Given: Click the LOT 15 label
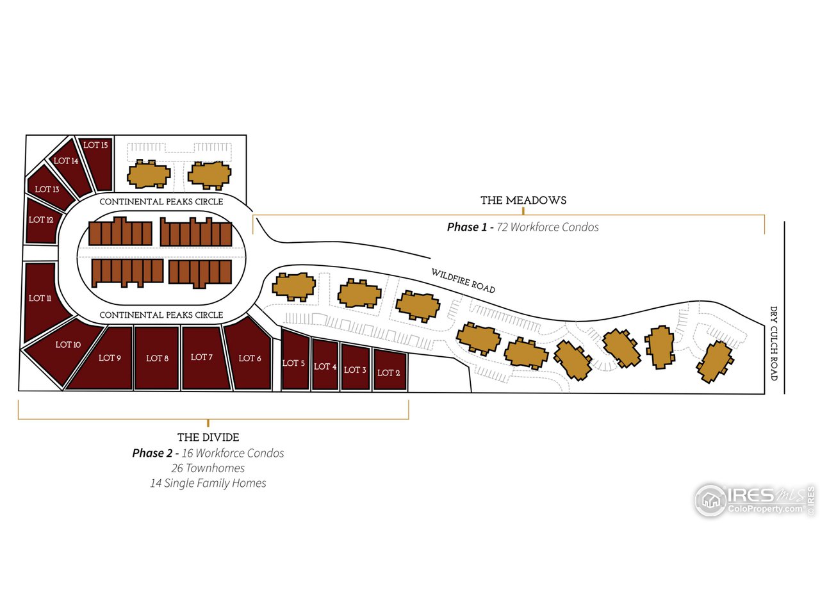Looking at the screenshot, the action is click(95, 145).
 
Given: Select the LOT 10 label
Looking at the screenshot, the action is click(68, 345).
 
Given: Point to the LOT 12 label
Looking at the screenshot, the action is click(41, 220).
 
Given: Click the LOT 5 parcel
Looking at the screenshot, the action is click(295, 360).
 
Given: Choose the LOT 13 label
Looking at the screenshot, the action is click(47, 189).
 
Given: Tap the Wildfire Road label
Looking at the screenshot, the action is click(463, 281).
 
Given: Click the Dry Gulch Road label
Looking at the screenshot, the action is click(774, 343).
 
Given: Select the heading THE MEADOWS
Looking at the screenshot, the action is click(523, 201).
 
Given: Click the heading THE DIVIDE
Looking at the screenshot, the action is click(208, 438).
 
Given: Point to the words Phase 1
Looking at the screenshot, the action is click(467, 227).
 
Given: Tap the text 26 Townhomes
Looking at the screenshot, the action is click(208, 468).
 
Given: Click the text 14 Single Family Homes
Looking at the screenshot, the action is click(208, 483).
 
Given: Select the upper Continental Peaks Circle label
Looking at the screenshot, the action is click(161, 202).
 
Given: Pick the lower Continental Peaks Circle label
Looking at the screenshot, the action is click(161, 315).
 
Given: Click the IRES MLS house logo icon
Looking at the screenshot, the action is click(710, 501).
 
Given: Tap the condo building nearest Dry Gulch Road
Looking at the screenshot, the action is click(715, 362).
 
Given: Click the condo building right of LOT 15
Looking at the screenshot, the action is click(149, 174).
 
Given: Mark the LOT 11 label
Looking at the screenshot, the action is click(40, 299).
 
